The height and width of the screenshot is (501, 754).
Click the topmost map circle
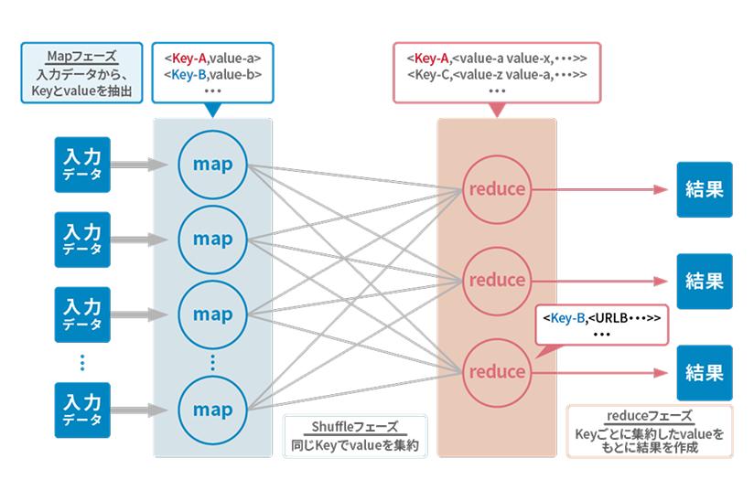click(212, 165)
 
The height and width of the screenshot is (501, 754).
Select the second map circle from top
click(212, 240)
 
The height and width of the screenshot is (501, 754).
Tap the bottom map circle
click(212, 410)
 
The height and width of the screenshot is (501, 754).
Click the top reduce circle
click(497, 189)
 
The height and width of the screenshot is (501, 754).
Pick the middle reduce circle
click(497, 280)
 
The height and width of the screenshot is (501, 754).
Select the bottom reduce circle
click(497, 372)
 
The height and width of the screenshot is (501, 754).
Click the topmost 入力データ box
click(81, 165)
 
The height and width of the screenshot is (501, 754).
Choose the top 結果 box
click(704, 189)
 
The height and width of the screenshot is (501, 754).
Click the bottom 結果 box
click(704, 372)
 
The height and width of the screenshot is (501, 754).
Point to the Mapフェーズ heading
click(81, 57)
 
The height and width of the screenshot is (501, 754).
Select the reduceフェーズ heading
click(650, 416)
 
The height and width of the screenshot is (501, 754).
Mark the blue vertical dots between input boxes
click(81, 362)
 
